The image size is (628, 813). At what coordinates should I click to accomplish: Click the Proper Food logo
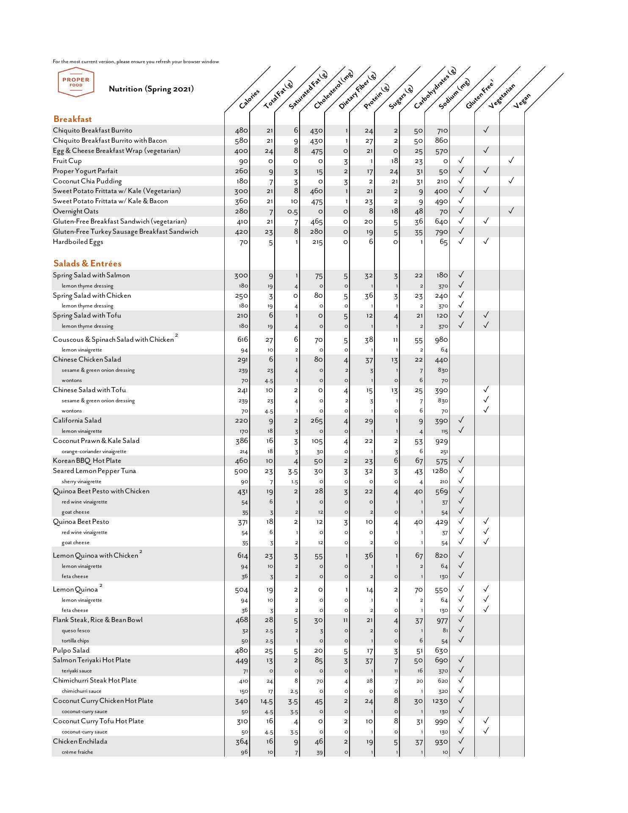coord(76,82)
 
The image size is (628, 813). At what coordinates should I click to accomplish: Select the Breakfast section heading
coord(72,119)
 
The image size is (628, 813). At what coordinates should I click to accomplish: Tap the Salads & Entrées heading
coord(87,263)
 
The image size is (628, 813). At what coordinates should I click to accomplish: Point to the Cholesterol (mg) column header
coord(333,89)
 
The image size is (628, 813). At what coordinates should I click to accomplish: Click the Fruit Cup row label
coord(67,161)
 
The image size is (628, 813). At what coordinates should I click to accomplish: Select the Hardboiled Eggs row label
coord(78,242)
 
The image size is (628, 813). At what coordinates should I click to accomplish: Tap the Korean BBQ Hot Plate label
coord(87,461)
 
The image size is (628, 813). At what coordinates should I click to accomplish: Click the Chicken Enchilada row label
coord(80,741)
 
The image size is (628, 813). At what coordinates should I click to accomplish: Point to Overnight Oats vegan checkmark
coord(511,210)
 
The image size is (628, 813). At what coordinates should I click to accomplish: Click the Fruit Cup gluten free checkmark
coord(461,160)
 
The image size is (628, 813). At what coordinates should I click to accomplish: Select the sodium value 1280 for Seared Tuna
coord(441,471)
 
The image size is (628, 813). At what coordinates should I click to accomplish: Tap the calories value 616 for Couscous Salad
coord(241,339)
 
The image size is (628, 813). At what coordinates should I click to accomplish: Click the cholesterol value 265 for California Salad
coord(317,420)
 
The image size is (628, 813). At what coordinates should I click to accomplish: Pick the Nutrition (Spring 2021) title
coord(151,89)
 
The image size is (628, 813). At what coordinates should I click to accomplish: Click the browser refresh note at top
coord(136,61)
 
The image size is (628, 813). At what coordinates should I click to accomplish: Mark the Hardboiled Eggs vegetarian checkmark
coord(486,241)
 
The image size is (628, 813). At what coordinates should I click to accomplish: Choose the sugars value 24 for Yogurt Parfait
coord(394,171)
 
